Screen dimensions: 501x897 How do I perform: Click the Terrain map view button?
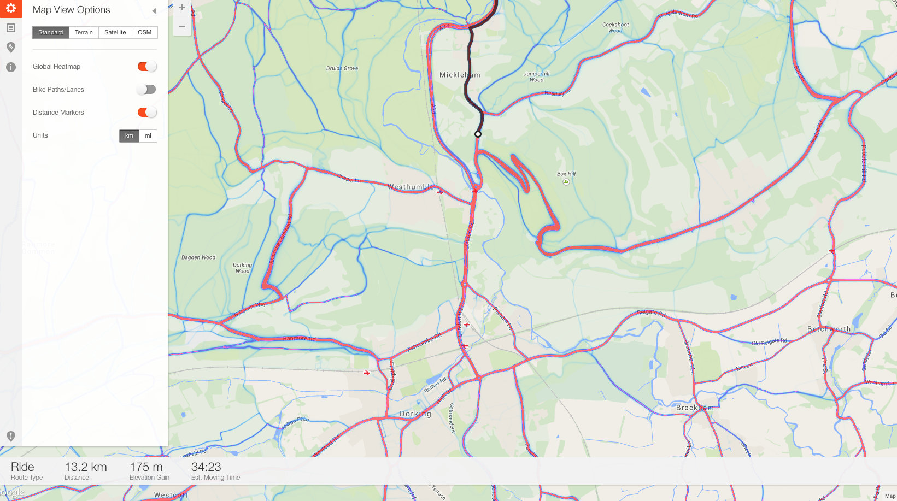84,32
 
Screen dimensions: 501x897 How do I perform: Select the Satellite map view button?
115,32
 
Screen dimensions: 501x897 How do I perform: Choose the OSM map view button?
144,32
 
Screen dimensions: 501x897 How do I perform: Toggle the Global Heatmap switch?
146,67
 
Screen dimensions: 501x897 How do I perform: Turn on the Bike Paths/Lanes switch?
146,90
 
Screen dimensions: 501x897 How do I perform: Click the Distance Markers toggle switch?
146,113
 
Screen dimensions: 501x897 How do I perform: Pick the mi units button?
148,136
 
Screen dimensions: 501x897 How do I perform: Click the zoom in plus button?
182,8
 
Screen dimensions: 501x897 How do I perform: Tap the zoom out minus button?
182,26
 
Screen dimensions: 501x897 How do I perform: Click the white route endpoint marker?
478,134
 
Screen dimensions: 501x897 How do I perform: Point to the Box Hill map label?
566,174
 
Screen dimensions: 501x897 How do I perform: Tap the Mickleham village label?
460,75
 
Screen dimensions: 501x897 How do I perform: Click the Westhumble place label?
411,187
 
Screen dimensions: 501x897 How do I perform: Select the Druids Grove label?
342,68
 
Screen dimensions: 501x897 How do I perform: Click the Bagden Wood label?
198,257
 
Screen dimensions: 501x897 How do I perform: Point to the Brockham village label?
695,408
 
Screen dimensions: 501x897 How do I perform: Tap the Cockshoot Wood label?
615,27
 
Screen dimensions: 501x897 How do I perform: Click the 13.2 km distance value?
86,467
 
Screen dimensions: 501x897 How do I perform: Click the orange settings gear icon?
10,9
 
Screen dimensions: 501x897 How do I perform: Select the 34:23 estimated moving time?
206,467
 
